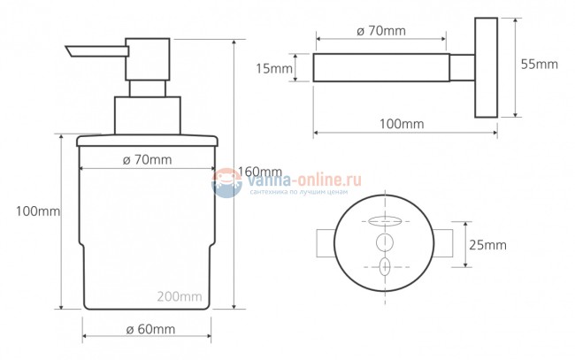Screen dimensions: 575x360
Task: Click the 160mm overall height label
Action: click(260, 172)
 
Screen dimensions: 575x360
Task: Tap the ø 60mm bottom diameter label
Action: click(150, 329)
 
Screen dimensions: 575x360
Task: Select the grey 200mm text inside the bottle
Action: click(180, 296)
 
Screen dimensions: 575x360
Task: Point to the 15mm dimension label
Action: click(274, 68)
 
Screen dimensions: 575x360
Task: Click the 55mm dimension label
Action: click(540, 65)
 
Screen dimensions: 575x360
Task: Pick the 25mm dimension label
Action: click(487, 245)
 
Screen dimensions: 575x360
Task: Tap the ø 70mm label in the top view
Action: click(381, 31)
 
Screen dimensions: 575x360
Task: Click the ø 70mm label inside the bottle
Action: click(147, 160)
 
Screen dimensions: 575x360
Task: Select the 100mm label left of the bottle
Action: click(38, 211)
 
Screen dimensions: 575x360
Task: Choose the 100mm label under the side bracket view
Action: click(402, 124)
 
